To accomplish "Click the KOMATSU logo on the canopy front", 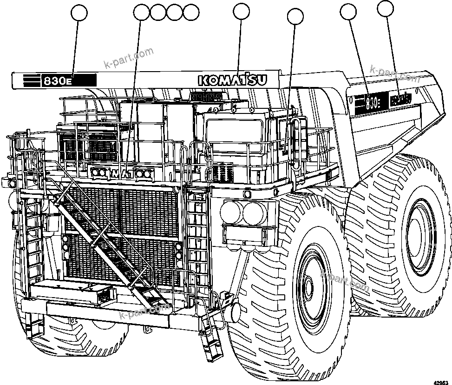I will point(233,80).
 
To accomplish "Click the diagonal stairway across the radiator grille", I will point(107,242).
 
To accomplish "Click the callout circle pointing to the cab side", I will point(295,17).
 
